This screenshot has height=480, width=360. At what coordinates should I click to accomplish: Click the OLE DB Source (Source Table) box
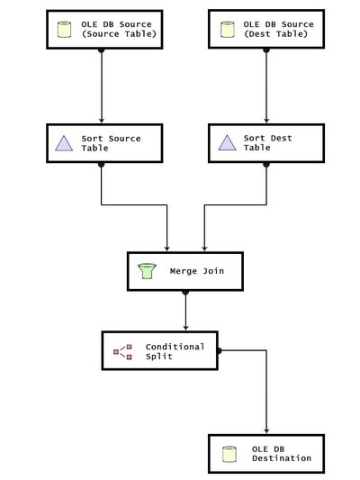[x=101, y=29]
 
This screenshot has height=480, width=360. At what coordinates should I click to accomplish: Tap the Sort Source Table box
[x=101, y=142]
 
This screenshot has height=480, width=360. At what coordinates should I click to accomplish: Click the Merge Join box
[x=185, y=270]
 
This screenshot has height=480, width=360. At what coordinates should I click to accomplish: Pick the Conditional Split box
[x=158, y=350]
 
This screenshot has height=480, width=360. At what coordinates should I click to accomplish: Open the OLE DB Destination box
[x=267, y=453]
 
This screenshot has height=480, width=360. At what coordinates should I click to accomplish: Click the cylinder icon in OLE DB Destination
[x=229, y=453]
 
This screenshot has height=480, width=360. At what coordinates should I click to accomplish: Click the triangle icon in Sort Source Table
[x=64, y=143]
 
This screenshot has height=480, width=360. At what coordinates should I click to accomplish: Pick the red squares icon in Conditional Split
[x=122, y=351]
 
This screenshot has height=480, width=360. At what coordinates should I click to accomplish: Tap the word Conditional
[x=175, y=346]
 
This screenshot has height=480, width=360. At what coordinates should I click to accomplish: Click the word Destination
[x=282, y=458]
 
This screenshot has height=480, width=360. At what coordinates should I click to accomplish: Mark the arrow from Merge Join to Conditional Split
[x=185, y=312]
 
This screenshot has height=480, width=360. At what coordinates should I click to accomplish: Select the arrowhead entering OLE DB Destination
[x=267, y=430]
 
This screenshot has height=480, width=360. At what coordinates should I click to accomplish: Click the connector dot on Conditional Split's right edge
[x=218, y=350]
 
